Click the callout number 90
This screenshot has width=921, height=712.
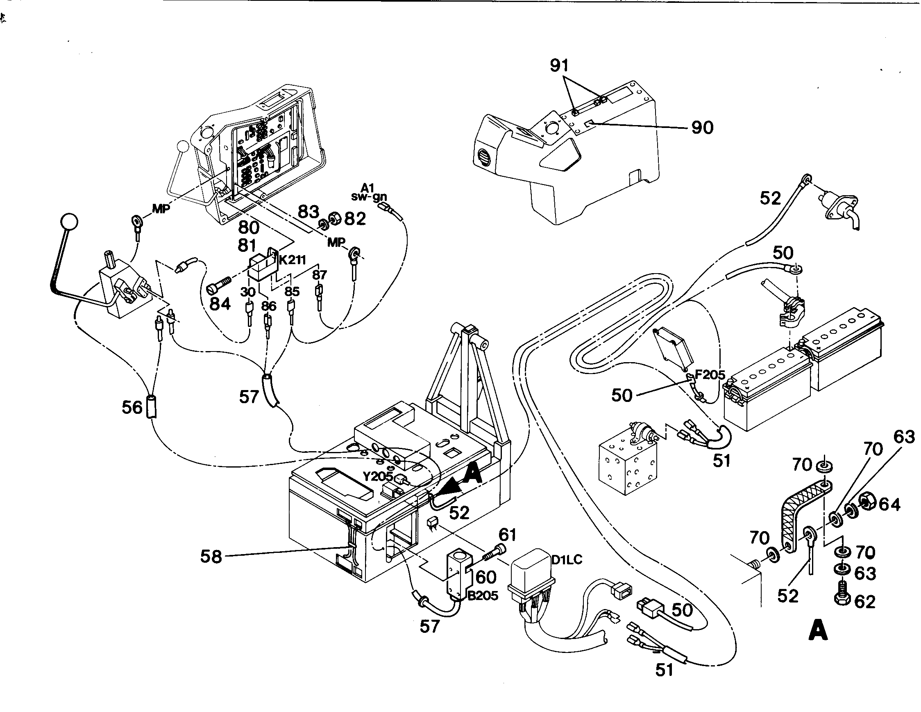(x=702, y=127)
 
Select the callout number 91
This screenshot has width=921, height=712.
(x=560, y=66)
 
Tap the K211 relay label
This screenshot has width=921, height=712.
(x=292, y=260)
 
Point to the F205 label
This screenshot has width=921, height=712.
(x=710, y=374)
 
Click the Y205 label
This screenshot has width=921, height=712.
(x=378, y=477)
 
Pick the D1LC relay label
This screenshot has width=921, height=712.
(x=567, y=560)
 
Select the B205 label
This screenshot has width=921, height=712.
(x=483, y=596)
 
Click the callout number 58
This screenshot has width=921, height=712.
(x=211, y=556)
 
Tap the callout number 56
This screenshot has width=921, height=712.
(x=132, y=407)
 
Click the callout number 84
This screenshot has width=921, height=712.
(x=220, y=304)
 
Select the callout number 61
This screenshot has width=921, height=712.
(x=507, y=535)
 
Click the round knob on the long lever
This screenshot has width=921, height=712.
(x=69, y=221)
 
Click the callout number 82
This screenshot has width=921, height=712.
(x=355, y=219)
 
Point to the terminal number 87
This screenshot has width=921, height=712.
(x=319, y=275)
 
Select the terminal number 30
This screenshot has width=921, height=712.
(x=248, y=292)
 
